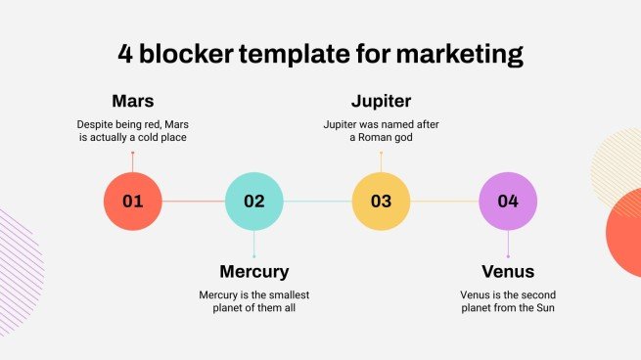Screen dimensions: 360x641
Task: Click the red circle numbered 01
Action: tap(133, 202)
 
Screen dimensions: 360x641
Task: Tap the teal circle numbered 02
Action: tap(254, 202)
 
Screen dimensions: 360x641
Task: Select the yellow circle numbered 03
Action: tap(381, 202)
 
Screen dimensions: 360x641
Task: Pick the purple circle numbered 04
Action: tap(507, 202)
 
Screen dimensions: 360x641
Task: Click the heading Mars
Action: tap(133, 102)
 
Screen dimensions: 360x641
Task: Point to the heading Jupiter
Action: tap(381, 102)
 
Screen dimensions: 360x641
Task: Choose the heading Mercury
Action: tap(254, 271)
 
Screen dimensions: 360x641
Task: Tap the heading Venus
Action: tap(507, 271)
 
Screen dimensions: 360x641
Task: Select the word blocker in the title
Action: tap(185, 54)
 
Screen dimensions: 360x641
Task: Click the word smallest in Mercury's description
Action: tap(290, 293)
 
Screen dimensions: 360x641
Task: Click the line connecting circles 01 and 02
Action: tap(194, 202)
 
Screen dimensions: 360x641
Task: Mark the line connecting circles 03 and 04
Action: tap(443, 202)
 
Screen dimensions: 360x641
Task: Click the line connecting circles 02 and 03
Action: tap(317, 202)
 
